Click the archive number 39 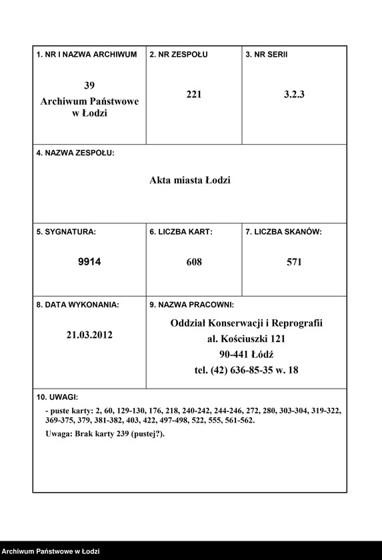(x=89, y=85)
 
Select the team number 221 (x=194, y=95)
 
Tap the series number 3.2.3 (x=294, y=95)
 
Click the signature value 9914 (x=89, y=262)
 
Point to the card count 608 (x=194, y=262)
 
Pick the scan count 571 (x=294, y=262)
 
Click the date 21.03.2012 (x=89, y=335)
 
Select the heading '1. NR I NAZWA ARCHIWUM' (x=87, y=54)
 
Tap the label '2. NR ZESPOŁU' (x=178, y=54)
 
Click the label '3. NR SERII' (x=267, y=54)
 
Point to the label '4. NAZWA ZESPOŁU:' (x=75, y=153)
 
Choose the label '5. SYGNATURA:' (x=66, y=232)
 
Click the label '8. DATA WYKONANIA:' (x=77, y=305)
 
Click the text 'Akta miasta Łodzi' (x=189, y=180)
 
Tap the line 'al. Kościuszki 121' (x=246, y=339)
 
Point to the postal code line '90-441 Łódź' (x=246, y=354)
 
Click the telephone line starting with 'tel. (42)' (x=246, y=369)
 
